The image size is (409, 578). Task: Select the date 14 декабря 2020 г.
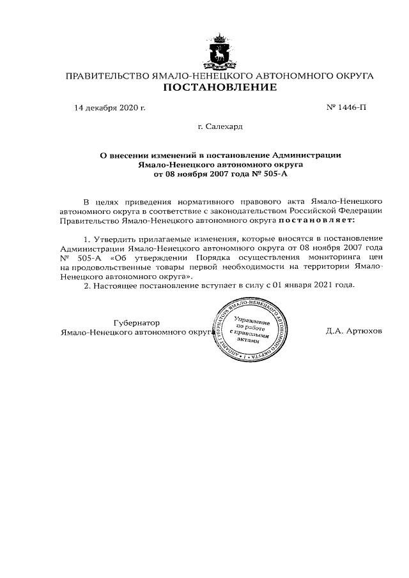tap(110, 107)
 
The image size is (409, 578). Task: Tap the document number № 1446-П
tap(346, 107)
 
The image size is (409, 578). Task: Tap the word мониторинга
tap(325, 258)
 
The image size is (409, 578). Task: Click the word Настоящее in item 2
tap(119, 286)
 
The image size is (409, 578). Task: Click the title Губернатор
tap(135, 323)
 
